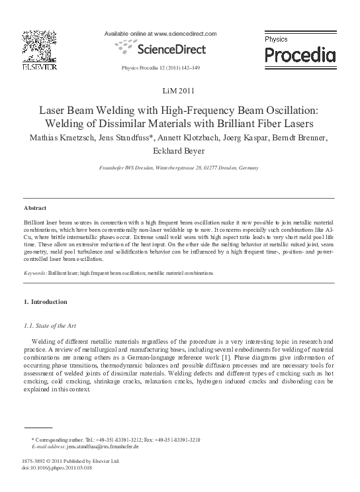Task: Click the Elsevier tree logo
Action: click(39, 46)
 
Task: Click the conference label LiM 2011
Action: click(179, 90)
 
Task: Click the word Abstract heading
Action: click(34, 208)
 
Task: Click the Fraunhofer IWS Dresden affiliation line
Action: click(179, 168)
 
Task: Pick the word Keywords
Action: click(34, 273)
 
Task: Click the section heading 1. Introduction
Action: click(45, 302)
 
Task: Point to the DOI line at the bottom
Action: click(57, 467)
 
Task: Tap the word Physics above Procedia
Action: click(277, 40)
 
